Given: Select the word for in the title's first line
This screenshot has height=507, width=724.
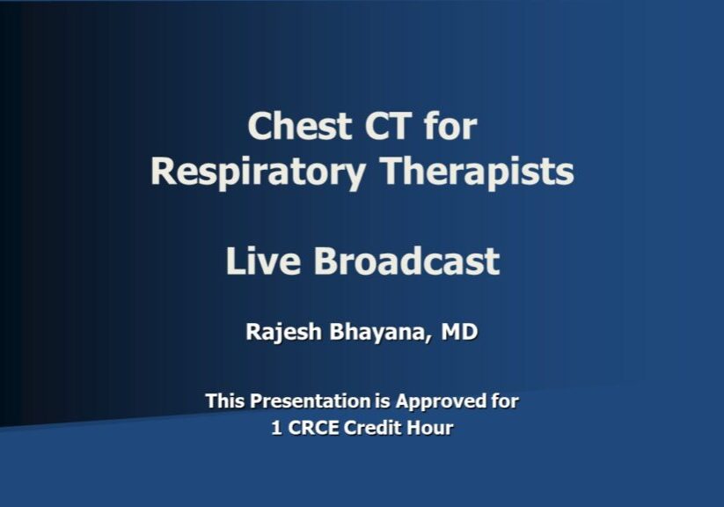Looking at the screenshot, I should click(450, 127).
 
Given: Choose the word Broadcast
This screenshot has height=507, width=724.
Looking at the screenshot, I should click(407, 261).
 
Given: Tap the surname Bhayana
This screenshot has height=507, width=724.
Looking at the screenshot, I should click(380, 334).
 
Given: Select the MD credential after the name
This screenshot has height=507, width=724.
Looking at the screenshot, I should click(462, 334).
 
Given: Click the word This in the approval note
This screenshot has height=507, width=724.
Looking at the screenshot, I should click(225, 401).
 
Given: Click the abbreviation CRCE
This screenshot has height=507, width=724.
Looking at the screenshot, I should click(313, 429).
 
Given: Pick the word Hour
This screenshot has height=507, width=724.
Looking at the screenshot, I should click(433, 429).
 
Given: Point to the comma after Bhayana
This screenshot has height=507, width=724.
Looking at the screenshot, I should click(434, 341).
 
